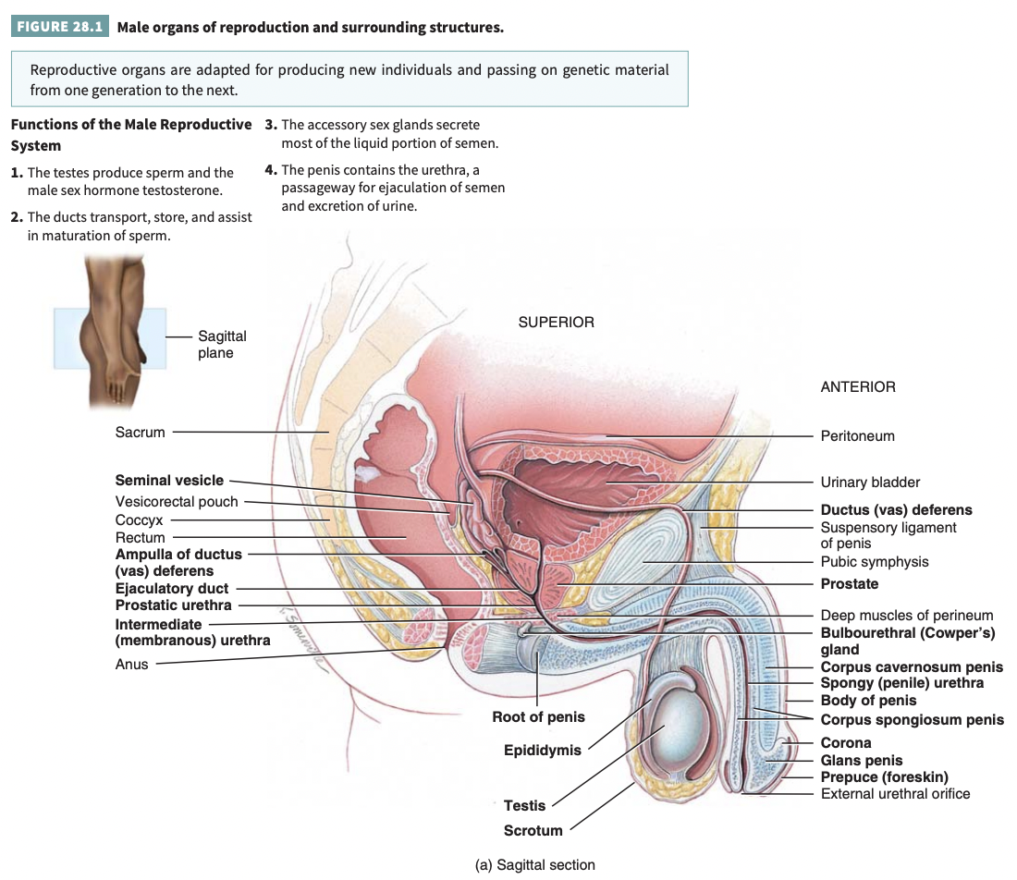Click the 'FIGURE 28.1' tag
59,27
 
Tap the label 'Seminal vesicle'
169,481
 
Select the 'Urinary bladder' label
870,483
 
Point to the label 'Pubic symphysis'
875,562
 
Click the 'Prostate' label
850,584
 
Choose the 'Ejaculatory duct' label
172,589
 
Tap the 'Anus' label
131,664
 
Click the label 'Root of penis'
538,717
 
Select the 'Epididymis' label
542,751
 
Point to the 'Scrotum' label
533,831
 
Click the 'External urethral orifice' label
895,793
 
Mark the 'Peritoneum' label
857,436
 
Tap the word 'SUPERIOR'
556,323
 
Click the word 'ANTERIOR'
858,387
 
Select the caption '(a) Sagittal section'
535,865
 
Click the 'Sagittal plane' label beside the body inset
222,345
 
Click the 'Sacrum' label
141,432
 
